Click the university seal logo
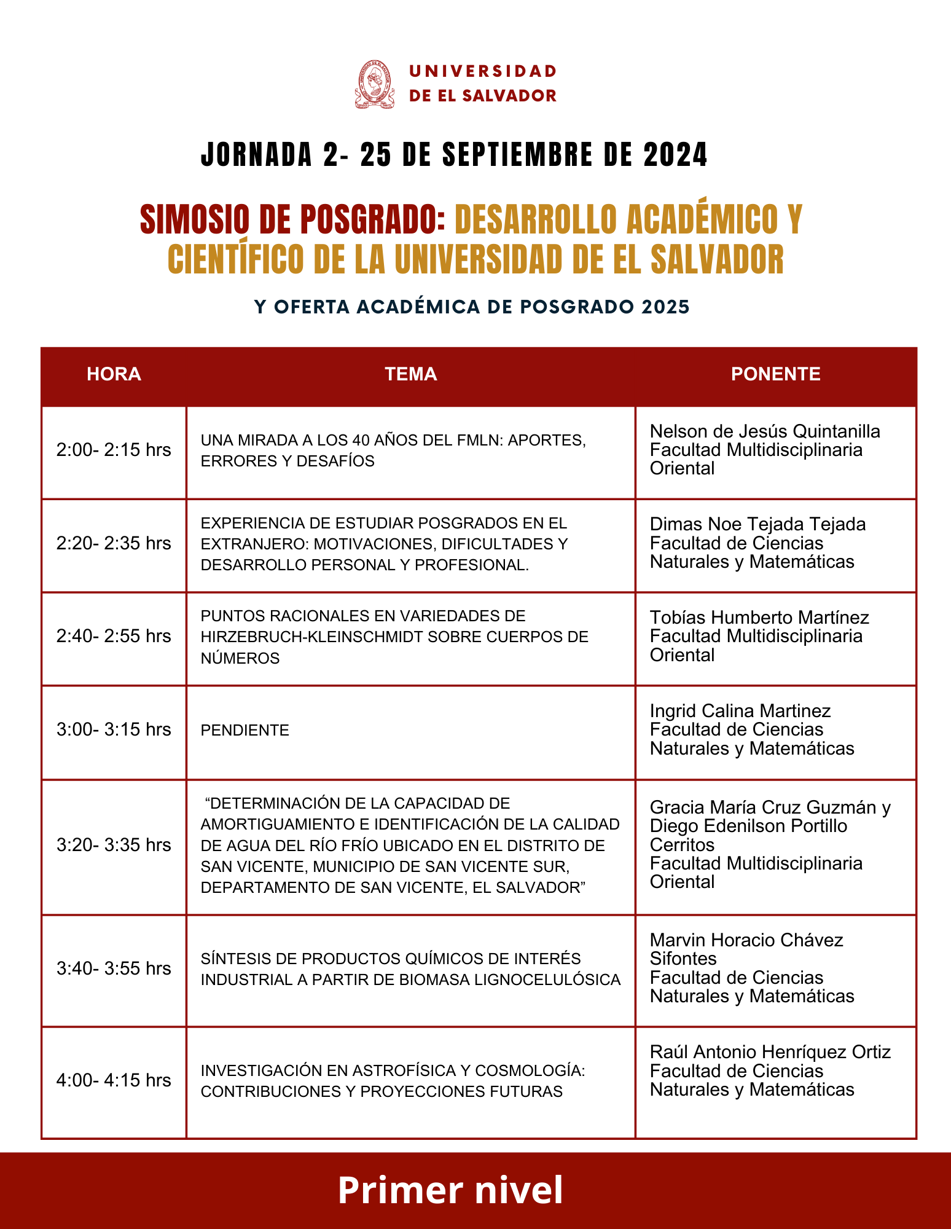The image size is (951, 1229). tap(374, 85)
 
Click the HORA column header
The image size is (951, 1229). tap(114, 374)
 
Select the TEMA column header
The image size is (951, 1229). tap(410, 374)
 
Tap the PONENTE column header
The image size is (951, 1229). tap(775, 374)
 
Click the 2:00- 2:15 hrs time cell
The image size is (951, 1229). tap(114, 450)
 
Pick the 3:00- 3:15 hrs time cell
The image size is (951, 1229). tap(114, 729)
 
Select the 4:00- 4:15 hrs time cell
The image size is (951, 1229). tap(114, 1080)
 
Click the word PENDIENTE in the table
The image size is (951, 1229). tap(245, 731)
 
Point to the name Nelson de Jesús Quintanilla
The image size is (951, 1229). tap(765, 431)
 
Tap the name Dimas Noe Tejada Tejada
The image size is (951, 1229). tap(757, 524)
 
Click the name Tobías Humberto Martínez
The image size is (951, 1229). tap(759, 618)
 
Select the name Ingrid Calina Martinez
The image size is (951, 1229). tap(740, 711)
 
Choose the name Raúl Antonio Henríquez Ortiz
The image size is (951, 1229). tap(770, 1052)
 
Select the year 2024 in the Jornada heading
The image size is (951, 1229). tap(676, 155)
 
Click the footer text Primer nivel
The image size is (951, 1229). tap(450, 1190)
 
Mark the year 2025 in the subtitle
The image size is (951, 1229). tap(665, 307)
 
